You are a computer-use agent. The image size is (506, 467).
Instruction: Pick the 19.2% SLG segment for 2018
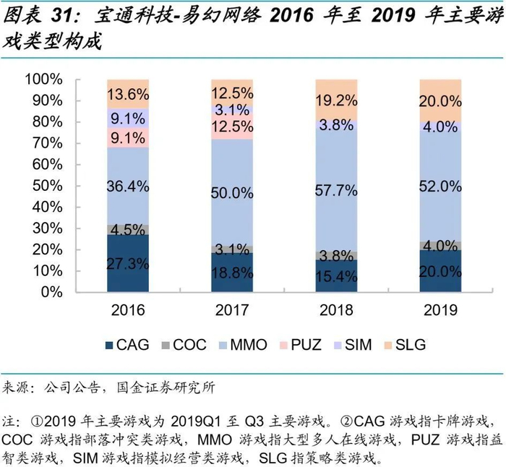click(336, 100)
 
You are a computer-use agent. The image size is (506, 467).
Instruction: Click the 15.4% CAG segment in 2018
click(336, 276)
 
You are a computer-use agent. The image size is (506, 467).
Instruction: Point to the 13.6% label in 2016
click(128, 94)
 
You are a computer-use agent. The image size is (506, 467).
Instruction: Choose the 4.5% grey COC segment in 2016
click(128, 229)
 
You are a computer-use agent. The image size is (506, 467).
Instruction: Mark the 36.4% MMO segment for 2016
click(128, 186)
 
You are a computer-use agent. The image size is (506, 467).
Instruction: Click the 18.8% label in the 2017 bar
click(232, 272)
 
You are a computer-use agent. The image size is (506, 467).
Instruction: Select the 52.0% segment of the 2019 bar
click(440, 186)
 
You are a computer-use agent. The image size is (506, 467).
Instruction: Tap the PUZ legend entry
click(300, 344)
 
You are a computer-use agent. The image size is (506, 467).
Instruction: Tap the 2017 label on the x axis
click(232, 311)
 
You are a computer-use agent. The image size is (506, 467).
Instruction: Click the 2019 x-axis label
click(440, 311)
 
